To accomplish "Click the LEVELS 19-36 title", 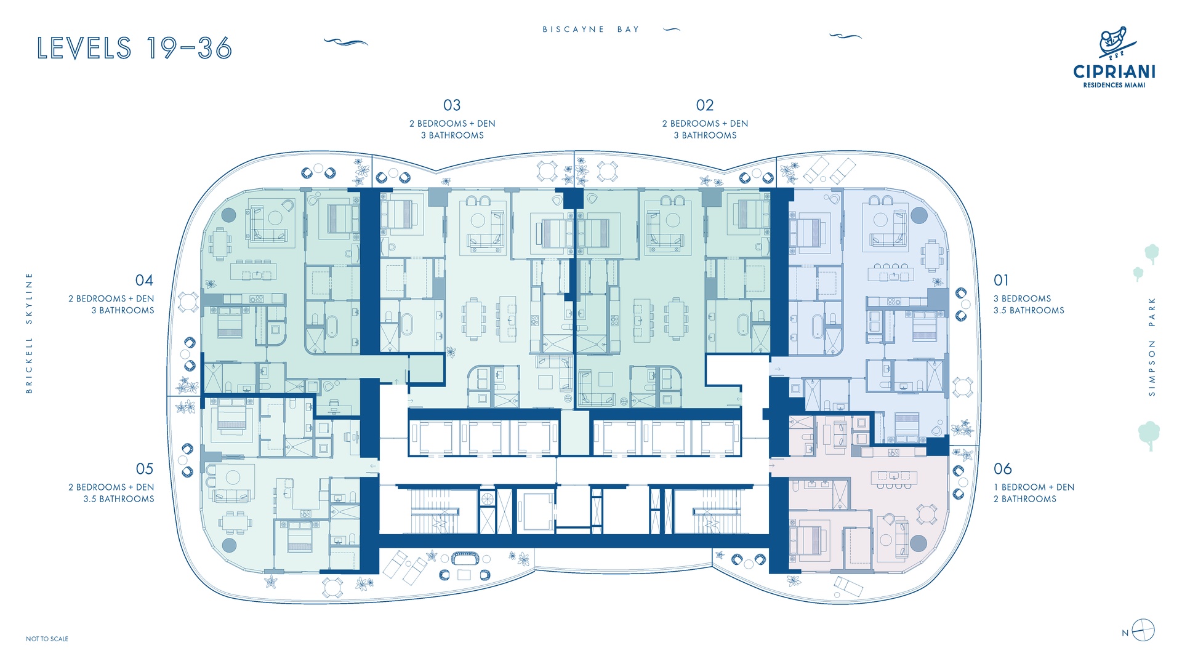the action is tap(134, 48).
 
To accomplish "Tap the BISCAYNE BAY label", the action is tap(591, 29).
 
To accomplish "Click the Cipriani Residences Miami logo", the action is tap(1114, 58).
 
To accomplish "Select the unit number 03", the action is tap(452, 105).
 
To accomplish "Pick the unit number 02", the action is tap(705, 105).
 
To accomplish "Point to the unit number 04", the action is tap(144, 281).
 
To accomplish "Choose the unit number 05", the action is tap(145, 469).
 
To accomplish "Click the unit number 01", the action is tap(1001, 281).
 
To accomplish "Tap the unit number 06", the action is tap(1003, 469).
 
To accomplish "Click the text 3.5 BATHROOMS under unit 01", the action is tap(1029, 311).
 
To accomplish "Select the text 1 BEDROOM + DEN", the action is tap(1034, 487).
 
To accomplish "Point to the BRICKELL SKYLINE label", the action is tap(29, 333).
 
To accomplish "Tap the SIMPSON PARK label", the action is tap(1152, 346).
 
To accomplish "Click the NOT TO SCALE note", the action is tap(47, 639).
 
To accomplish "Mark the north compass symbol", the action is tap(1143, 631).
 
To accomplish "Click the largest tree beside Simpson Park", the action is tap(1149, 434).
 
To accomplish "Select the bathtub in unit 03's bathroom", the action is tap(407, 324).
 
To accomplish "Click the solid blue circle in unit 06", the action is tap(918, 543).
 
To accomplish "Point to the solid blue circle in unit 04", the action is tap(228, 215).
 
